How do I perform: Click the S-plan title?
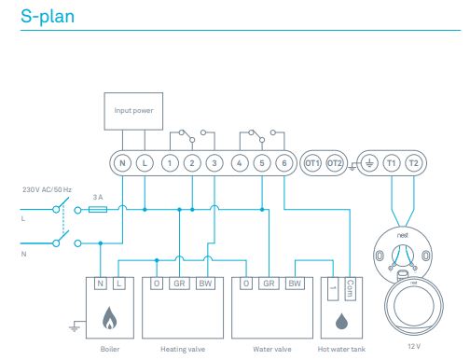coord(48,17)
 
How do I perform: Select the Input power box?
coord(133,111)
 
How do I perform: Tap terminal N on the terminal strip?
coord(122,163)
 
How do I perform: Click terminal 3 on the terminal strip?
coord(214,163)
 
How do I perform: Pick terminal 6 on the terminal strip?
coord(284,163)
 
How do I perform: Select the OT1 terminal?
coord(312,163)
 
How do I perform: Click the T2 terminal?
coord(414,163)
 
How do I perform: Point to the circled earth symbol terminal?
coord(369,163)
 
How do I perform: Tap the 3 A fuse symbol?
coord(98,210)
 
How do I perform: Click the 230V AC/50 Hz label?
coord(47,189)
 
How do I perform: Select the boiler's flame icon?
coord(110,318)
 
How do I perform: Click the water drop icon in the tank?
coord(341,321)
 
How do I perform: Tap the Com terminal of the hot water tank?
coord(351,289)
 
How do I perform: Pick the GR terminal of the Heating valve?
coord(179,284)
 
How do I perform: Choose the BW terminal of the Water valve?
coord(295,284)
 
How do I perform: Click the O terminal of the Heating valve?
coord(157,284)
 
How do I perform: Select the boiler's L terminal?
coord(119,284)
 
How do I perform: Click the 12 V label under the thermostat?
coord(414,346)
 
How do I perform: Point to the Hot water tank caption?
coord(341,349)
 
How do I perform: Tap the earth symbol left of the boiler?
coord(74,327)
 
